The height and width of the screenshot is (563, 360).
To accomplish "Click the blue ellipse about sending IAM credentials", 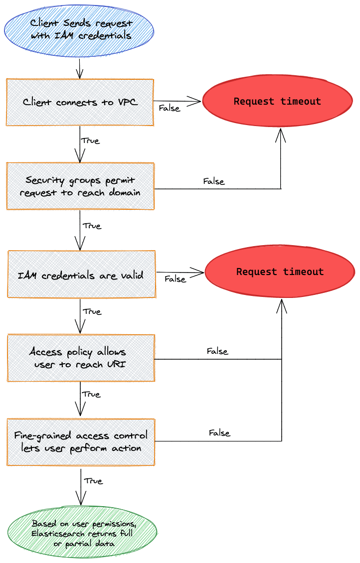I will pyautogui.click(x=80, y=29).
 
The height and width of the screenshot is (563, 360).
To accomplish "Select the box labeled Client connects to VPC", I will pyautogui.click(x=80, y=102).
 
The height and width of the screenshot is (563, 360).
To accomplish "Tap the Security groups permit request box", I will pyautogui.click(x=80, y=186).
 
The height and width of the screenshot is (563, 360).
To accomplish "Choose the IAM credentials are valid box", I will pyautogui.click(x=81, y=275).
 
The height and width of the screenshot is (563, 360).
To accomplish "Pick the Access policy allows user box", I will pyautogui.click(x=80, y=358).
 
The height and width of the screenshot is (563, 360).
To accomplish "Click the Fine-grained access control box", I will pyautogui.click(x=80, y=441).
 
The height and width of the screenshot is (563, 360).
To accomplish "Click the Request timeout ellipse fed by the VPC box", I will pyautogui.click(x=277, y=102).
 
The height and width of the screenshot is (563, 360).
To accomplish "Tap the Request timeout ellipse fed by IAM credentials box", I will pyautogui.click(x=280, y=272).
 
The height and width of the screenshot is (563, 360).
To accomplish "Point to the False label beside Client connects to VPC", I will pyautogui.click(x=169, y=108).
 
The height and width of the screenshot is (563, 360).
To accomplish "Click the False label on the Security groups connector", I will pyautogui.click(x=214, y=181).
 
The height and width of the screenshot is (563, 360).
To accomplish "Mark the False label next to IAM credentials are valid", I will pyautogui.click(x=175, y=279).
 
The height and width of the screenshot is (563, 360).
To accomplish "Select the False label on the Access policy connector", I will pyautogui.click(x=217, y=351).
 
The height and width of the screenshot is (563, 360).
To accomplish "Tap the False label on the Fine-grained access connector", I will pyautogui.click(x=219, y=433).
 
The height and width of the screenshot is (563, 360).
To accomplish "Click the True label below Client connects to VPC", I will pyautogui.click(x=90, y=141).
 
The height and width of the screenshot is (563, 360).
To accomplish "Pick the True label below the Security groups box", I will pyautogui.click(x=92, y=226).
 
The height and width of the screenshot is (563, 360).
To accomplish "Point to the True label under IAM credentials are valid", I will pyautogui.click(x=92, y=311).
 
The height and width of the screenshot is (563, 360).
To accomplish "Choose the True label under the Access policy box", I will pyautogui.click(x=91, y=394).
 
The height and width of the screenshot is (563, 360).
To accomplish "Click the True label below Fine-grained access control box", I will pyautogui.click(x=93, y=481).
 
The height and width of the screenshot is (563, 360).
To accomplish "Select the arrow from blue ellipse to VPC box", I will pyautogui.click(x=80, y=68).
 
